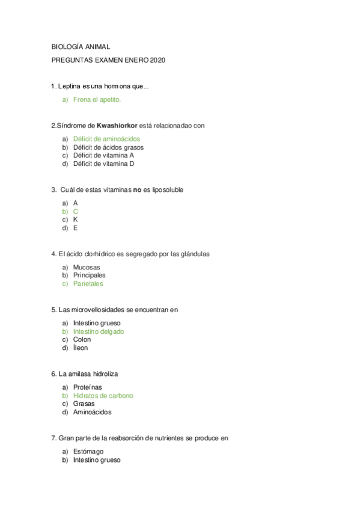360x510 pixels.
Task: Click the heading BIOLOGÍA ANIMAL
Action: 81,46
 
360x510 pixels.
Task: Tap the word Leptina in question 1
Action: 69,87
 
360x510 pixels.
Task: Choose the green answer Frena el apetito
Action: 97,99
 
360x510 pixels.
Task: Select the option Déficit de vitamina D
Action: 103,164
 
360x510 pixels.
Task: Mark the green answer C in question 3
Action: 76,212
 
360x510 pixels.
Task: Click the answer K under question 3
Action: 76,220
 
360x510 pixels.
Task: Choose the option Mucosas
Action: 87,267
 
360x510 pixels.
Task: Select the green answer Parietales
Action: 88,284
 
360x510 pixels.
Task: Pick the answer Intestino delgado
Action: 99,331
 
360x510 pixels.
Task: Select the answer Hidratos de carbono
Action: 103,396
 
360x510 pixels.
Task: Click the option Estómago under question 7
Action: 88,452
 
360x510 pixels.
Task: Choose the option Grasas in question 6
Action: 84,404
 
